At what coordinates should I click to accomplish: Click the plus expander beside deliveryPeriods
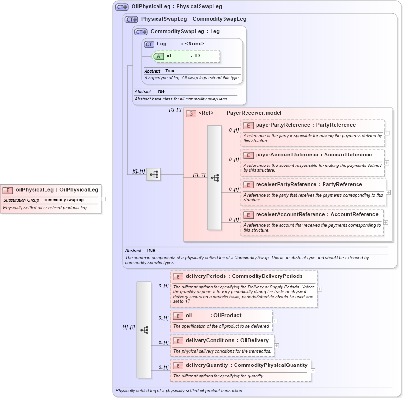[320, 289]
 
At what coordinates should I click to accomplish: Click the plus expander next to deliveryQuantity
[313, 370]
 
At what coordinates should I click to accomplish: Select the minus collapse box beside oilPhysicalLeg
[103, 199]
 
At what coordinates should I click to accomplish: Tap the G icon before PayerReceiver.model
[191, 113]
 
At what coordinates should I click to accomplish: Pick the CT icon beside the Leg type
[149, 44]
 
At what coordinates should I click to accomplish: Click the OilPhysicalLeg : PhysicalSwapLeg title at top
[176, 7]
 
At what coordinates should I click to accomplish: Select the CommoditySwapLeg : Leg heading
[185, 32]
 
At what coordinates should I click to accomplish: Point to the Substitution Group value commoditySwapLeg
[64, 200]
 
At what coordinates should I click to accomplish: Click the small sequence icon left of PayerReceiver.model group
[154, 175]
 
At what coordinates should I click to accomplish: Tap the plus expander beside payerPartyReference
[387, 133]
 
